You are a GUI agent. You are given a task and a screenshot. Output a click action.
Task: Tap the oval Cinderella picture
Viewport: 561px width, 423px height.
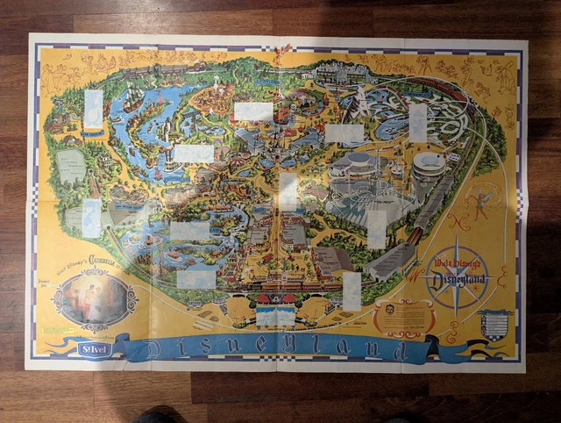tap(95, 300)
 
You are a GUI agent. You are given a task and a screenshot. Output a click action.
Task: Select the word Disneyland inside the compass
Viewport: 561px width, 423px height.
tap(455, 281)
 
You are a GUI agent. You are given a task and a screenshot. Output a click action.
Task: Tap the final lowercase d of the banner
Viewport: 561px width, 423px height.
tap(401, 352)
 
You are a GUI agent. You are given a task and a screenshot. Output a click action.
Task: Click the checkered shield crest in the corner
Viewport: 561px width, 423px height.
tap(495, 324)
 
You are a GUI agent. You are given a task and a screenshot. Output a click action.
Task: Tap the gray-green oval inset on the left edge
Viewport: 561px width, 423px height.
tap(70, 166)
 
